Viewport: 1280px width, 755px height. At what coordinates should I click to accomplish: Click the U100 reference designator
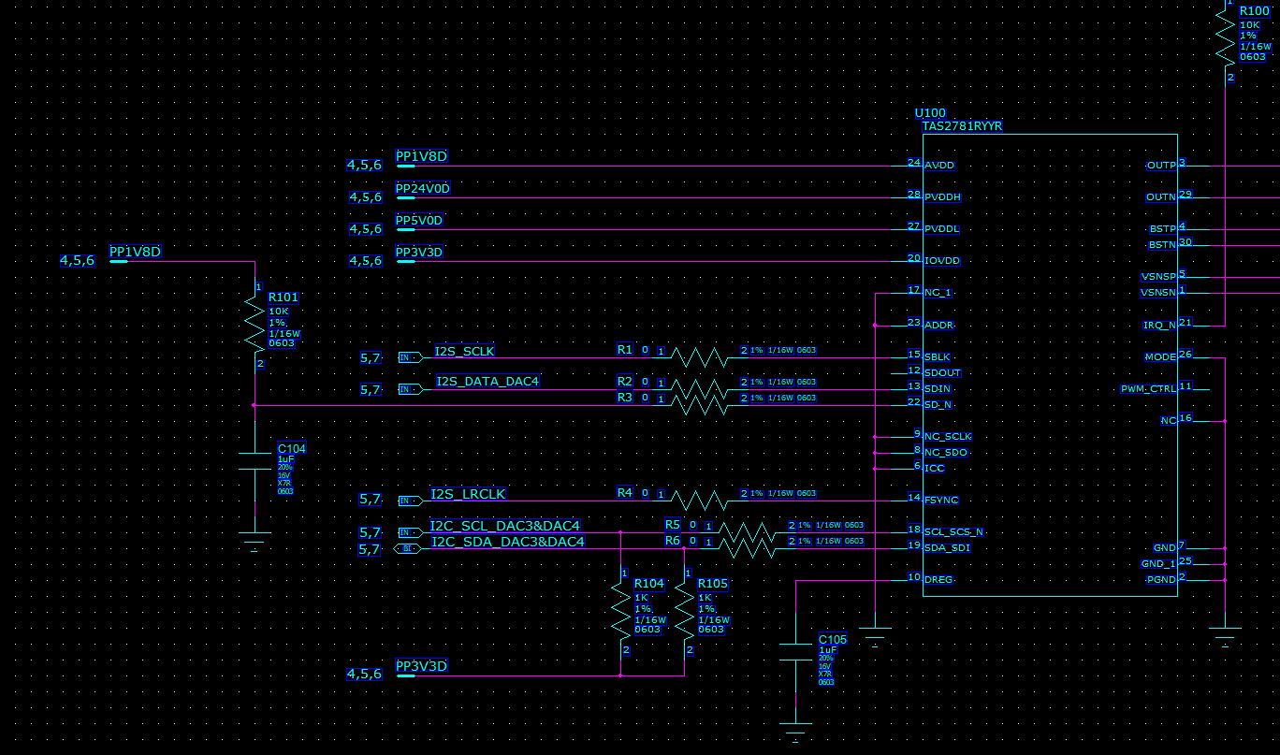930,113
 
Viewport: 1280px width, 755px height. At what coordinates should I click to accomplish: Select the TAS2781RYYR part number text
962,125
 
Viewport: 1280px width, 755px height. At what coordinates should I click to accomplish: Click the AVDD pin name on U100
940,165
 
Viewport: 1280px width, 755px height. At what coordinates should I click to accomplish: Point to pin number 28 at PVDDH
914,195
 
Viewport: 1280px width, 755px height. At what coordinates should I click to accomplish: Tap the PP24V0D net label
422,189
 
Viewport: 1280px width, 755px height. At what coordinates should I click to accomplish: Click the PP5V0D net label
418,221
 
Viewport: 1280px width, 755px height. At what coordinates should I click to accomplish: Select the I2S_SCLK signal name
464,352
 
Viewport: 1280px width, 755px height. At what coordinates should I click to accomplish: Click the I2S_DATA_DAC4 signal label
487,381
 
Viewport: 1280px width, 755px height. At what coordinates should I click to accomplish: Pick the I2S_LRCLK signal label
468,493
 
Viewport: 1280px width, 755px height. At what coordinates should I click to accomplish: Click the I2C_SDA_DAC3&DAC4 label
507,542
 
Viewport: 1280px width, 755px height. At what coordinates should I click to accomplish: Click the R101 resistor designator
283,298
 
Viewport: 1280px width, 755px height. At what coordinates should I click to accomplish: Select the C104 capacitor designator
292,449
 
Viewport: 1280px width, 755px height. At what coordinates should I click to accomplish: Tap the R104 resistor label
649,584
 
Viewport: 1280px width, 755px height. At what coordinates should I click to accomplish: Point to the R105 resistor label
712,584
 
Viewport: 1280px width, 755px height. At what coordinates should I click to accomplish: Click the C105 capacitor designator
833,640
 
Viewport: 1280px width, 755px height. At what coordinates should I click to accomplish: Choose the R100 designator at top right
1254,11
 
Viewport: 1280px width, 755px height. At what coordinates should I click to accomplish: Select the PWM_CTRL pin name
1148,389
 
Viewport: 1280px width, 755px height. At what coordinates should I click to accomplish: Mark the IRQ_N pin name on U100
1159,326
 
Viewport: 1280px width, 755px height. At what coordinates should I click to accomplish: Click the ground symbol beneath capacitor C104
255,539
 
